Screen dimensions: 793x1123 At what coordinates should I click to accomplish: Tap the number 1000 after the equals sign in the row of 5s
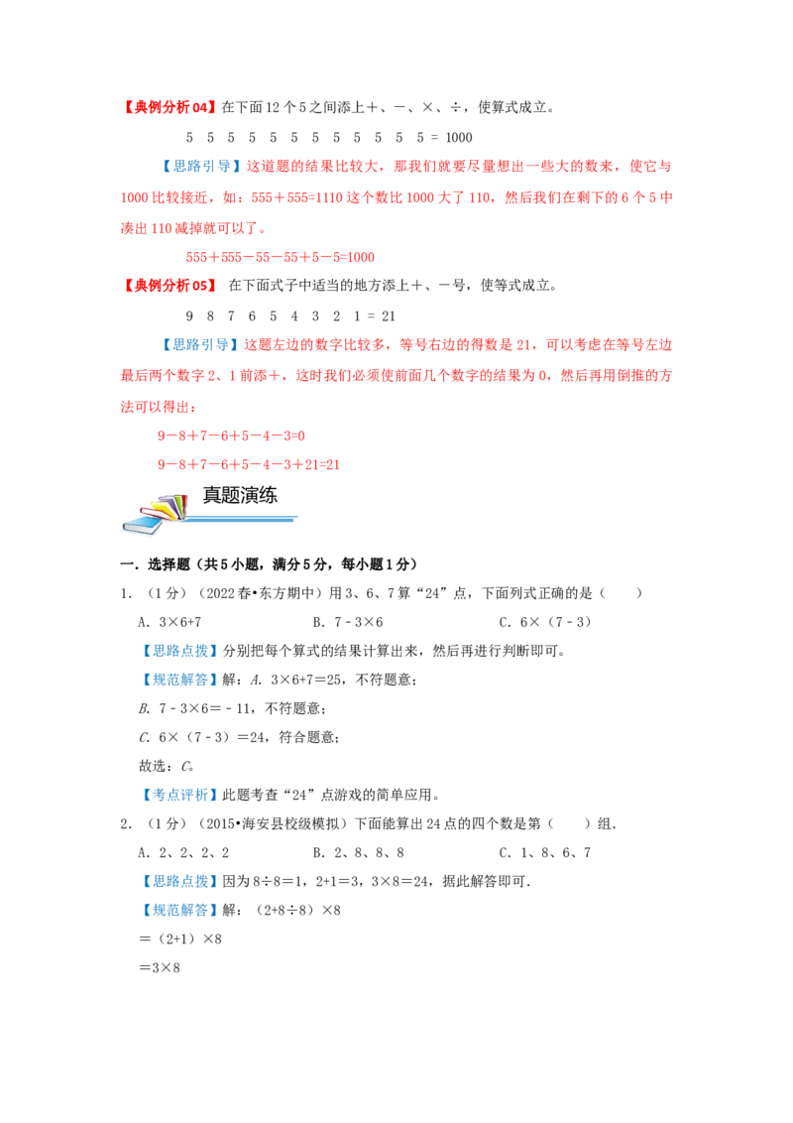pos(459,138)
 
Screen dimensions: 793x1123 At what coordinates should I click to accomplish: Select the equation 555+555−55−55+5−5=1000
pos(280,257)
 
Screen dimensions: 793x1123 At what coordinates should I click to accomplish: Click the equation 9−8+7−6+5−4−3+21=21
pos(249,465)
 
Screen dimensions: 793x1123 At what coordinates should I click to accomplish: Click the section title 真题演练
pos(240,496)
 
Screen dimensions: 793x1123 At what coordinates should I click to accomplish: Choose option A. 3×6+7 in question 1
pos(170,622)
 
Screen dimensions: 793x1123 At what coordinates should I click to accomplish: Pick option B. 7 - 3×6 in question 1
pos(348,622)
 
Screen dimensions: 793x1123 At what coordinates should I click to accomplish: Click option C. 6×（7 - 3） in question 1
pos(545,622)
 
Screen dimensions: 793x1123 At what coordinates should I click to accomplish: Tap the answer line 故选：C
pos(167,766)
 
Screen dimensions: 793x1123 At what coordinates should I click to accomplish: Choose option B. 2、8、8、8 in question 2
pos(359,853)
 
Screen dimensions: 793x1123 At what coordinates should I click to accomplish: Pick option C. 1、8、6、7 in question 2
pos(544,853)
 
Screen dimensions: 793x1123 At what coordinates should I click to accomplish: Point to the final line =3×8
pos(160,968)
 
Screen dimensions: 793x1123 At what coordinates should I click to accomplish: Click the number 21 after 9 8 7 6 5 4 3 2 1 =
pos(388,316)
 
